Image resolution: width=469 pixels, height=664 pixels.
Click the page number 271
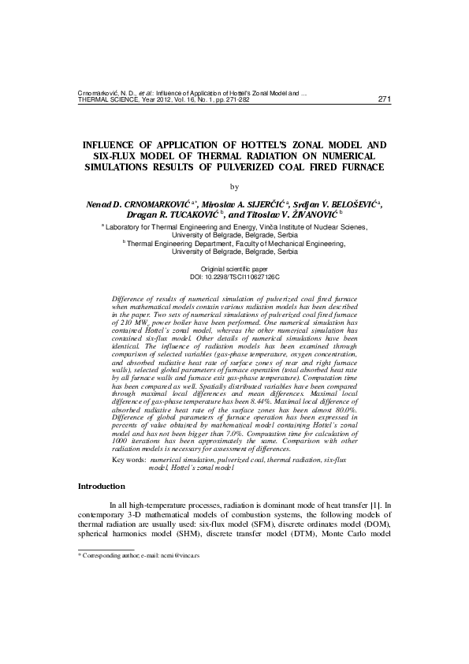point(385,99)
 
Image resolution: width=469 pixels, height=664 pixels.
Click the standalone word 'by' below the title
point(233,187)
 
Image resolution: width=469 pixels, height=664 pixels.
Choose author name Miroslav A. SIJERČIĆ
point(244,203)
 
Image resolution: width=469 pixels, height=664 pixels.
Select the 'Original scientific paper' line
point(234,270)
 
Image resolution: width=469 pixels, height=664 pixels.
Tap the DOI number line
point(234,278)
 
